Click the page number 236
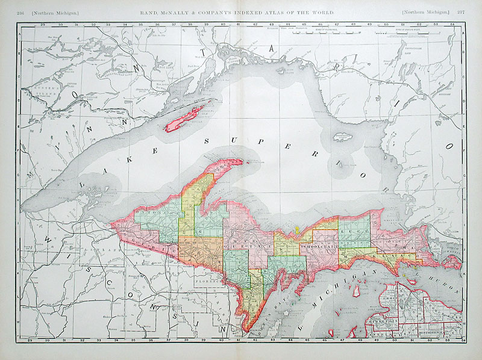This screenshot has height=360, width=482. click(x=22, y=12)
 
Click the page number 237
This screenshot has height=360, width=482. click(x=460, y=12)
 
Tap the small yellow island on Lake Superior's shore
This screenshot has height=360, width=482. click(x=297, y=230)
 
